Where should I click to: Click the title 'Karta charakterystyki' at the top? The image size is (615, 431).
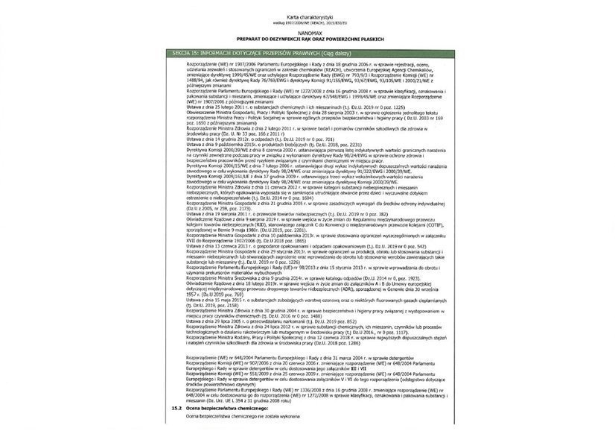(307, 16)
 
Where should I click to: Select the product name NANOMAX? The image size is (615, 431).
(307, 32)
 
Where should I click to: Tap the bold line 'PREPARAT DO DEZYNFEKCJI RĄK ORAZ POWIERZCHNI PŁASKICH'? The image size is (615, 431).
(307, 39)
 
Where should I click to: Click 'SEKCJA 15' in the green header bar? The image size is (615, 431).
(183, 53)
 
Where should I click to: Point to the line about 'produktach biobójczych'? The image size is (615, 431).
(275, 144)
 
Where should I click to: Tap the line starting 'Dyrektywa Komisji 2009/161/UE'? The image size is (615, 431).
(298, 175)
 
